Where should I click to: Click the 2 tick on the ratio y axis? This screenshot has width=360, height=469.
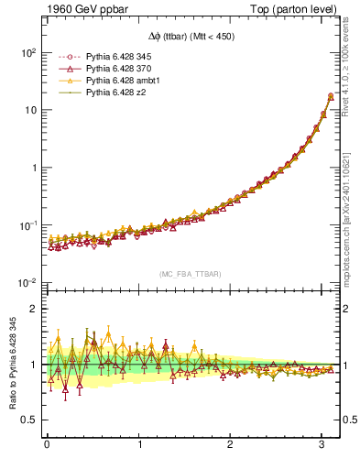[33, 310]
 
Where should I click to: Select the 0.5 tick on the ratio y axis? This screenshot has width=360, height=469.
[29, 420]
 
